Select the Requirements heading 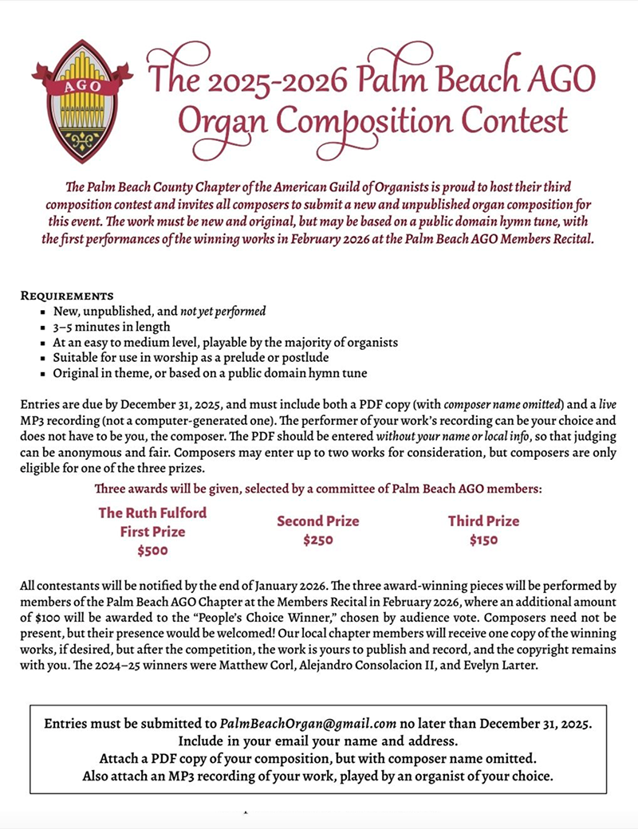(67, 295)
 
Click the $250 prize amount (317, 540)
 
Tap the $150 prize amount (483, 540)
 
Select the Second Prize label (317, 521)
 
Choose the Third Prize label (483, 521)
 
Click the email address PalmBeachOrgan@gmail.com (309, 724)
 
